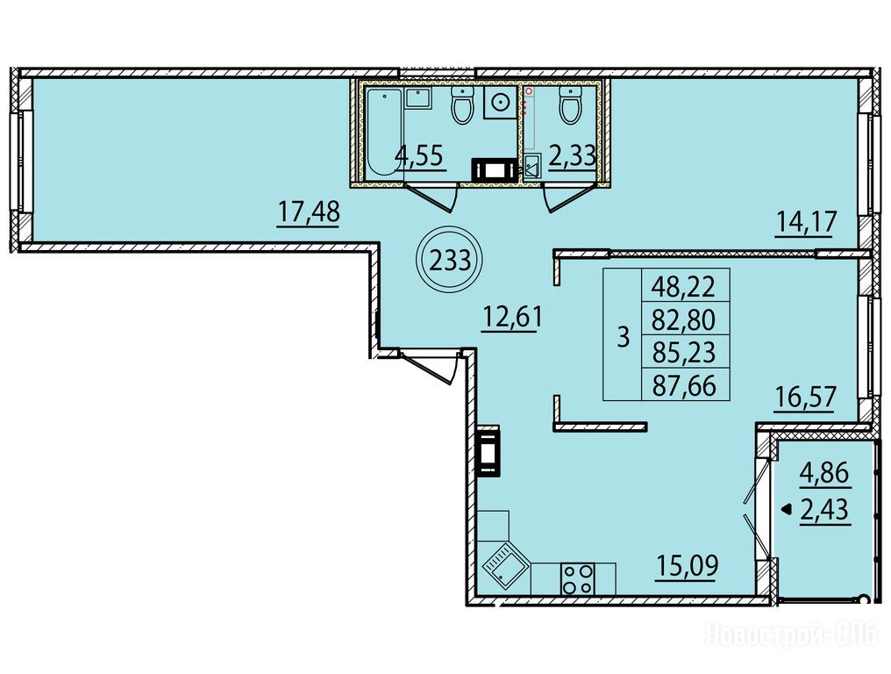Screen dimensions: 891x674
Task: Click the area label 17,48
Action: (309, 212)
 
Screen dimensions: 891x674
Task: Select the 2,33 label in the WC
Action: (572, 154)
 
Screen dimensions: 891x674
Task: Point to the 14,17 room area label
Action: (806, 221)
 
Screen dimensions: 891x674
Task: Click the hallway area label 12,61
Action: (511, 318)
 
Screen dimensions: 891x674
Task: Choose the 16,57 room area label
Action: (806, 396)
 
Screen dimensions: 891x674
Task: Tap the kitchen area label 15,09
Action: (688, 565)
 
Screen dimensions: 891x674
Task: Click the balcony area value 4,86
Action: (824, 473)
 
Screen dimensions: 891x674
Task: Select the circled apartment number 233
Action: (450, 261)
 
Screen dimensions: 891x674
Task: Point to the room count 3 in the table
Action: (624, 337)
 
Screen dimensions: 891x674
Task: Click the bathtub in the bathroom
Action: (383, 134)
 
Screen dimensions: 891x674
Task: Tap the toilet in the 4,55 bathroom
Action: (461, 105)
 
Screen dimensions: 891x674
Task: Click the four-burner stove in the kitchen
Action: (577, 578)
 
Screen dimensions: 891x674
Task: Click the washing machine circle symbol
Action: (500, 103)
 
